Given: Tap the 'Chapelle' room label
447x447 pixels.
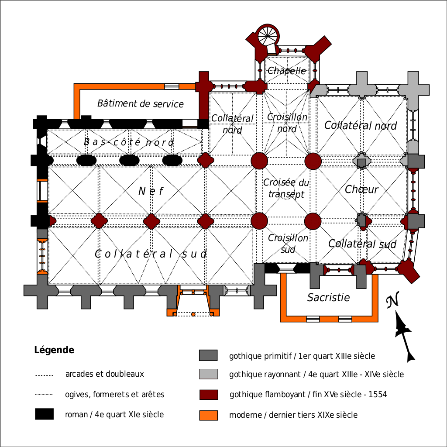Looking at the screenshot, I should coord(287,71).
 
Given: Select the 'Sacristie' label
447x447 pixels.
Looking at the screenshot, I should coord(329,298).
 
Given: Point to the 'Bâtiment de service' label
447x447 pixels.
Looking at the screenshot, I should coord(141,103).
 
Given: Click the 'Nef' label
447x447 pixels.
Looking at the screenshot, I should coord(151,191).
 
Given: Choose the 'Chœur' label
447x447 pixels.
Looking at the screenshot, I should coord(361,189).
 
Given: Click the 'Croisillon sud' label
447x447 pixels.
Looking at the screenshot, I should coord(288,244).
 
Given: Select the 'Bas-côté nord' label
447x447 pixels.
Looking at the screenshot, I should coord(129,142).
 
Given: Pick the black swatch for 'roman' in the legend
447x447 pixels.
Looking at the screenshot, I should coord(44,414).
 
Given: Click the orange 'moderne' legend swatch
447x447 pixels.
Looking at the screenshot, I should coord(208,415).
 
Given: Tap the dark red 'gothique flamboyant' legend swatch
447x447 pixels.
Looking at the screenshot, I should coord(208,395).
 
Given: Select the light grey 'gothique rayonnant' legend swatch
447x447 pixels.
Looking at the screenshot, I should coord(208,374).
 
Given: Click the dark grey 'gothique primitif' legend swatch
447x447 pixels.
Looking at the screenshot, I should coord(208,356).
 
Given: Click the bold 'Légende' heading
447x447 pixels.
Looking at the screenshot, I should coord(54,350).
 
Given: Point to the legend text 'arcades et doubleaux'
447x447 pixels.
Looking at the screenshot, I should coord(104,374).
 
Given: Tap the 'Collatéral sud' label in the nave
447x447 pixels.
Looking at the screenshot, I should coord(151,254).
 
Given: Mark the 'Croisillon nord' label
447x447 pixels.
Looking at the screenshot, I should coord(287,123).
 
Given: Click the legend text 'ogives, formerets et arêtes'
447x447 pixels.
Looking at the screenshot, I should coord(115,395).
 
